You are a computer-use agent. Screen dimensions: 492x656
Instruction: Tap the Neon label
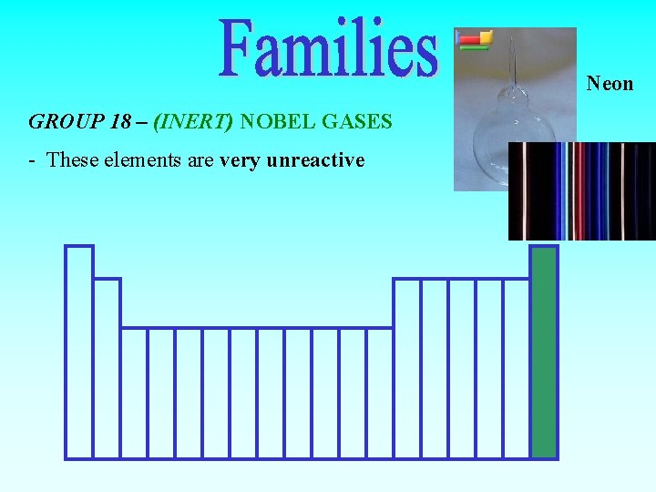click(x=610, y=84)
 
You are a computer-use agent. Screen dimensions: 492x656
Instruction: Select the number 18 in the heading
click(x=120, y=121)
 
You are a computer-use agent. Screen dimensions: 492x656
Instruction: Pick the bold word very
click(x=239, y=160)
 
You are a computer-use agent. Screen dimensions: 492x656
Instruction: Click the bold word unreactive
click(x=315, y=160)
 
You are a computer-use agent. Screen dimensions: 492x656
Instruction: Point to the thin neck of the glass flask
click(x=512, y=59)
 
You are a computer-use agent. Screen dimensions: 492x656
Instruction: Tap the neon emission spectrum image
click(x=581, y=191)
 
